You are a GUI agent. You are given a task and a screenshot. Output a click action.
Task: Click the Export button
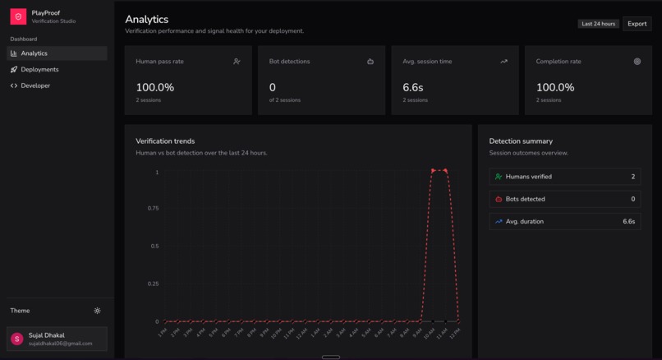(637, 24)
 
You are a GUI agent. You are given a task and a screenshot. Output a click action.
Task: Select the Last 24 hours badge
(598, 24)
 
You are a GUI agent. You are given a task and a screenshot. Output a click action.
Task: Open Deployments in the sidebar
(39, 70)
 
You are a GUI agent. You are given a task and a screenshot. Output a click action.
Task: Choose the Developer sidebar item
(35, 85)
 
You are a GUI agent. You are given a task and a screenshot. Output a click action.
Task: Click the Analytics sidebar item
(34, 53)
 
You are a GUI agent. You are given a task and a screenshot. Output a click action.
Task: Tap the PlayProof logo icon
(18, 16)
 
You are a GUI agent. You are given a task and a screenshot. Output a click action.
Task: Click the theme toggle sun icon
(97, 311)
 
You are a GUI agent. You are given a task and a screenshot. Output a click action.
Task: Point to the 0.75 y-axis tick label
(153, 209)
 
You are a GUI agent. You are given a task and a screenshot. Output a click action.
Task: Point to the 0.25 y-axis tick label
(153, 284)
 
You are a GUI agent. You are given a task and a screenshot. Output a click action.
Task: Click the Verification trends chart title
(165, 141)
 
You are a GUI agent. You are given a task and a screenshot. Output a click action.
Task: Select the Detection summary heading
(521, 141)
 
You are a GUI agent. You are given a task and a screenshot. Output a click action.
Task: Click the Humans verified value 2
(632, 177)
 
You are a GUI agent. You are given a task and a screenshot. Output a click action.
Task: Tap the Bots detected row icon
(499, 199)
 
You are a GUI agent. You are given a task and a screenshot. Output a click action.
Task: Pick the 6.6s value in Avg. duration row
(628, 221)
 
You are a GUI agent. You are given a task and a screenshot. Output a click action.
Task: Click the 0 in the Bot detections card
(273, 87)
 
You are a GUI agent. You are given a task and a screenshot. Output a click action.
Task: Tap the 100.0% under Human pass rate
(154, 87)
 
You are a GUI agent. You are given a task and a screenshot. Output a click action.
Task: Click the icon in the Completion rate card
(637, 62)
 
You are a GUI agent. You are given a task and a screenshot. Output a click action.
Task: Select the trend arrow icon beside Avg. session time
(503, 62)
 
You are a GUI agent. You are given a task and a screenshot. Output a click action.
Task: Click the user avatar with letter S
(17, 339)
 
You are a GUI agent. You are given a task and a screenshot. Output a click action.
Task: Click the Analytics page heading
(147, 19)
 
